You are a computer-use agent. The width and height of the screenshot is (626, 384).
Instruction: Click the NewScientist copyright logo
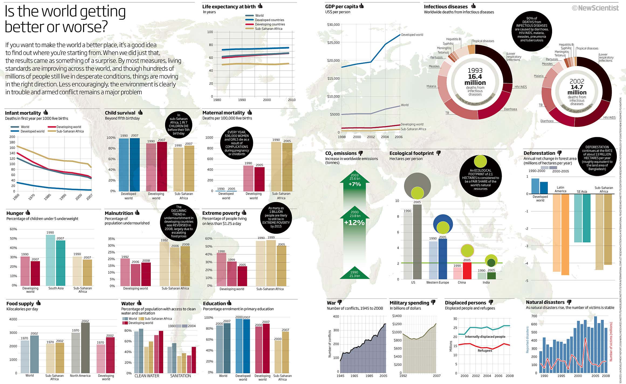click(x=595, y=8)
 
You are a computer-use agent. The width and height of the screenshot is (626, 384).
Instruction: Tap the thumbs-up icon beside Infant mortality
click(x=46, y=112)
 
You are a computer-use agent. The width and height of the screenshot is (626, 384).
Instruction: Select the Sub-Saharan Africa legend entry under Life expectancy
click(x=268, y=29)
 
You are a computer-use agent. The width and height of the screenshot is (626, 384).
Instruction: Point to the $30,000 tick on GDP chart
click(x=333, y=25)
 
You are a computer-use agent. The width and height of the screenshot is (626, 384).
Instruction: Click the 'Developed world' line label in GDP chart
click(x=412, y=35)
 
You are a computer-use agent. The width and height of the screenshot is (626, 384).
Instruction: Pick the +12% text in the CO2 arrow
click(x=354, y=223)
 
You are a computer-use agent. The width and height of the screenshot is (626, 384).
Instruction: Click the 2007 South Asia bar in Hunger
click(x=60, y=263)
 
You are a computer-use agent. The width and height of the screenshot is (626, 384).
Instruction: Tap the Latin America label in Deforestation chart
click(x=560, y=189)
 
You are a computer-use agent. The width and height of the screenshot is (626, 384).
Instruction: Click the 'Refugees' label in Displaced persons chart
click(x=485, y=350)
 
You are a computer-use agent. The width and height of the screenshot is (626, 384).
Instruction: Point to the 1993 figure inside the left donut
click(x=475, y=71)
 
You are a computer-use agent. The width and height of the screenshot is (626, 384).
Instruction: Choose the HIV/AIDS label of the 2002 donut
click(x=609, y=117)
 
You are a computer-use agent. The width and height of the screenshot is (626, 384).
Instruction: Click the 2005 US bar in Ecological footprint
click(x=417, y=242)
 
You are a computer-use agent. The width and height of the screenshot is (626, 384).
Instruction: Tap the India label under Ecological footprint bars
click(x=486, y=282)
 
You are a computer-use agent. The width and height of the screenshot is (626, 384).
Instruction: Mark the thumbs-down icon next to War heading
click(x=340, y=302)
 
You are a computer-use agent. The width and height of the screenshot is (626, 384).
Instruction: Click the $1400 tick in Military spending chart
click(x=397, y=316)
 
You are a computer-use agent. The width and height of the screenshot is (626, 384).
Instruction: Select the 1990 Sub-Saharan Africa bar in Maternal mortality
click(x=276, y=166)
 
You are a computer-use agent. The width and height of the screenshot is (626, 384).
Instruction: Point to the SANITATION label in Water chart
click(x=180, y=376)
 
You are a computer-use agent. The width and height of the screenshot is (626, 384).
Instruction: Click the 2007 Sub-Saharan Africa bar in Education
click(x=285, y=352)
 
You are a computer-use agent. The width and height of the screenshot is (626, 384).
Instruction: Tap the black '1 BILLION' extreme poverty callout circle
click(x=276, y=217)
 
